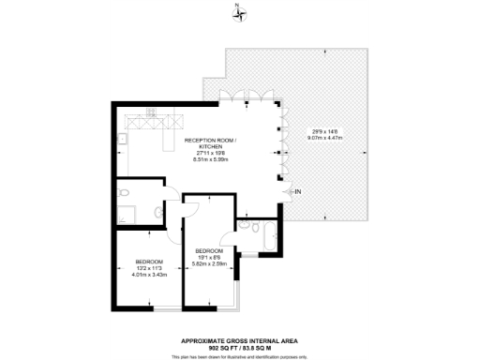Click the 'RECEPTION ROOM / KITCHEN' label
[203, 143]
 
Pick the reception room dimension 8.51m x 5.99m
[203, 159]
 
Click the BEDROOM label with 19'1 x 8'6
[210, 251]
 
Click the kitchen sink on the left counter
[123, 142]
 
